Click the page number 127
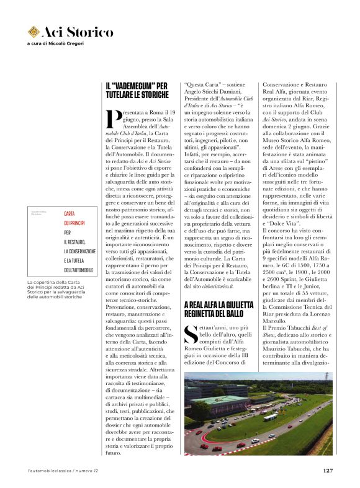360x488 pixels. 328,470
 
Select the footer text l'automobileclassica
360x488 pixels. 49,470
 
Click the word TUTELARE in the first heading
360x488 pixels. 125,95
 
